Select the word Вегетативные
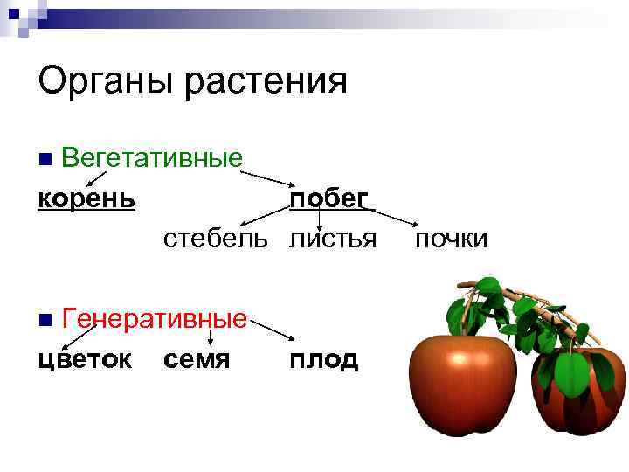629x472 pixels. [152, 159]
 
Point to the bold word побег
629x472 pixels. [329, 199]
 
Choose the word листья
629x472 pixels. [333, 239]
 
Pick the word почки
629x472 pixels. [452, 239]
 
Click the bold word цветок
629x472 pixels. [86, 359]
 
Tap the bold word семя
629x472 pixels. [197, 359]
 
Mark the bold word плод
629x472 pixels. [324, 359]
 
